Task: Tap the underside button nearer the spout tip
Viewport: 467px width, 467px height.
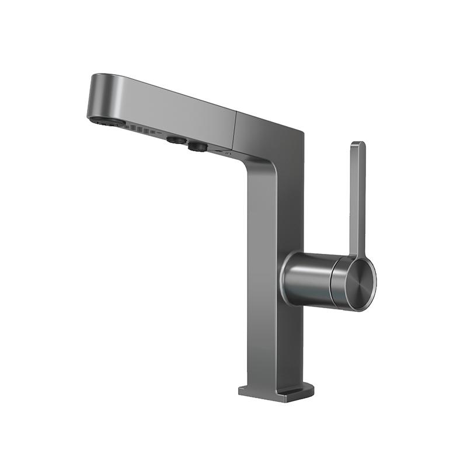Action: [x=174, y=140]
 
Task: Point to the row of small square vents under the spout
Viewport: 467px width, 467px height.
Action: [x=140, y=130]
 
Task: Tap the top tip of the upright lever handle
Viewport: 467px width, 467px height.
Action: [x=358, y=146]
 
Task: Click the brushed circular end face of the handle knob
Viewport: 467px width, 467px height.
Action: [x=357, y=284]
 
